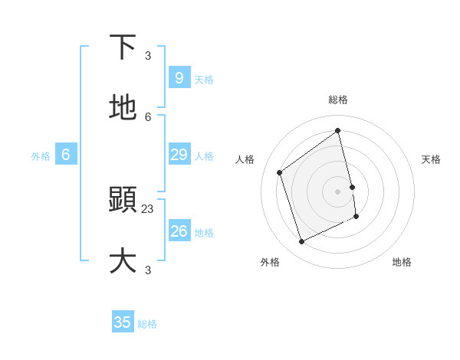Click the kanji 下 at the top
[x=123, y=47]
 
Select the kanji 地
[x=123, y=108]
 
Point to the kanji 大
[x=123, y=260]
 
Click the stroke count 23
[x=148, y=208]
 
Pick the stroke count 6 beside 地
[x=148, y=116]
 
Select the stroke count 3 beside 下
[x=148, y=55]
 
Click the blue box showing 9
[x=179, y=77]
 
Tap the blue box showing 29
[x=179, y=155]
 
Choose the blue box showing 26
[x=179, y=231]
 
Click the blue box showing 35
[x=123, y=322]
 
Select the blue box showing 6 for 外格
[x=66, y=155]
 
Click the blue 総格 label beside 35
[x=147, y=324]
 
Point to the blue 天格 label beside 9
[x=204, y=79]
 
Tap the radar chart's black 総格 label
[x=338, y=100]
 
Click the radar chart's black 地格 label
[x=402, y=262]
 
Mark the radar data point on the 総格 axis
[x=338, y=131]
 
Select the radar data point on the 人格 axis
[x=280, y=172]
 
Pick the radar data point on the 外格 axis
[x=302, y=242]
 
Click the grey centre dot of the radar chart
[x=338, y=191]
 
